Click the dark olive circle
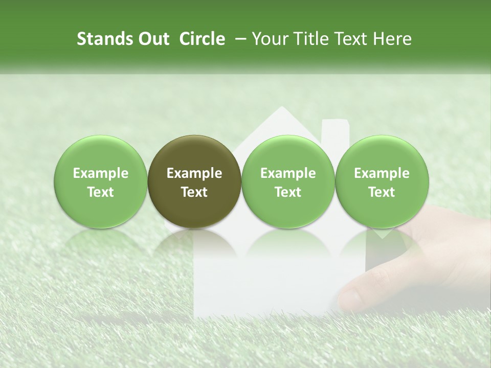194,181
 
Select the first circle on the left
101,181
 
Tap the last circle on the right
382,181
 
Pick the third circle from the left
288,181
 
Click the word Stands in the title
104,39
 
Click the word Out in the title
153,39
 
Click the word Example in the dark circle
194,173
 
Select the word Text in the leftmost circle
101,192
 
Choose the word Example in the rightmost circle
382,173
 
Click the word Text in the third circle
288,192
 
